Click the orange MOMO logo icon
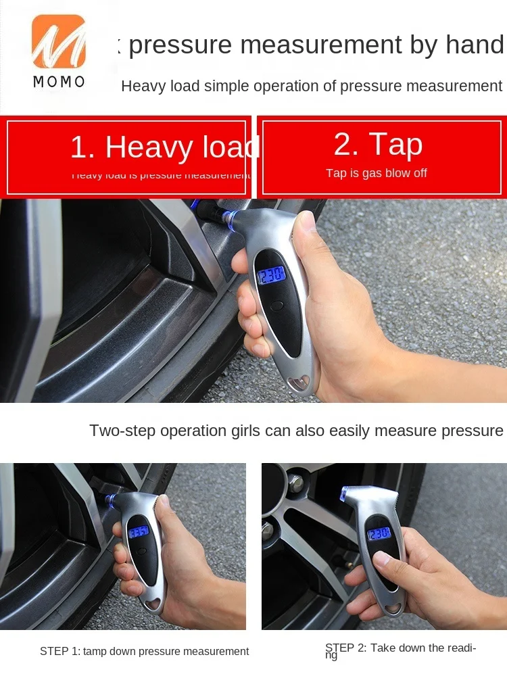pyautogui.click(x=58, y=42)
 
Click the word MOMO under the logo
pyautogui.click(x=59, y=82)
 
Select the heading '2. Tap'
pyautogui.click(x=378, y=144)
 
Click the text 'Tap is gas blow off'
pyautogui.click(x=377, y=173)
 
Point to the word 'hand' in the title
pyautogui.click(x=475, y=45)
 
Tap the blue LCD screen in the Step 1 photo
pyautogui.click(x=139, y=531)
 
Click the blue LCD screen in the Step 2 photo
pyautogui.click(x=379, y=533)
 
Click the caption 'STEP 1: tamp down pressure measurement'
pyautogui.click(x=144, y=652)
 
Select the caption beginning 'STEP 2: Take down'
pyautogui.click(x=400, y=649)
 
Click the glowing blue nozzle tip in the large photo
pyautogui.click(x=228, y=218)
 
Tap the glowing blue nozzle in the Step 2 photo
pyautogui.click(x=344, y=493)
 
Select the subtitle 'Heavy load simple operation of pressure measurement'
pyautogui.click(x=311, y=87)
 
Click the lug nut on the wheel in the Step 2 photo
pyautogui.click(x=295, y=484)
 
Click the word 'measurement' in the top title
pyautogui.click(x=322, y=45)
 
